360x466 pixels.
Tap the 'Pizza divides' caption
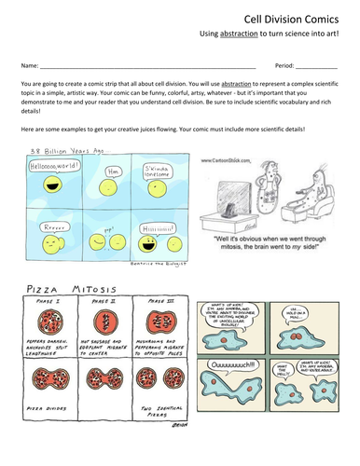click(44, 437)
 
